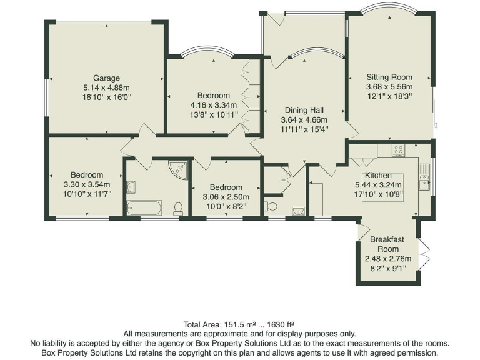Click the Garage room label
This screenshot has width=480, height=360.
tap(106, 78)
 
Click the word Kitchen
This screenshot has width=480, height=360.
tap(378, 175)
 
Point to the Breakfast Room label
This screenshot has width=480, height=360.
tap(387, 244)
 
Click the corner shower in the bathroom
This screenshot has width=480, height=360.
tap(180, 169)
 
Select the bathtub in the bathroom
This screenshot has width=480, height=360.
tap(144, 207)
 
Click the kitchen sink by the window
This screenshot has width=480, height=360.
tap(425, 181)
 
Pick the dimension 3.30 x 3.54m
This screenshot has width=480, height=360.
tap(87, 184)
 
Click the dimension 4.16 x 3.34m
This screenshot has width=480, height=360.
tap(214, 104)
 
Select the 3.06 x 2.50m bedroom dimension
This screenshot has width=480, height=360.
tap(226, 197)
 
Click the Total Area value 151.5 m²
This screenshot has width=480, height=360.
tap(240, 324)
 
